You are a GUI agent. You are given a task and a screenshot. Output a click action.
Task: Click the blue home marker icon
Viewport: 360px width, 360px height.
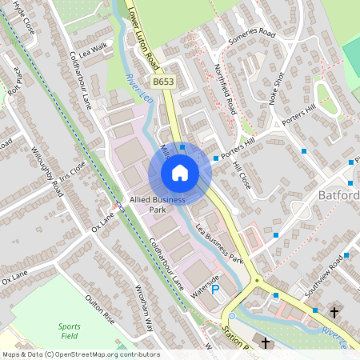click(x=180, y=172)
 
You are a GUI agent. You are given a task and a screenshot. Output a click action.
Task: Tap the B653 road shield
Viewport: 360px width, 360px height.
click(x=163, y=82)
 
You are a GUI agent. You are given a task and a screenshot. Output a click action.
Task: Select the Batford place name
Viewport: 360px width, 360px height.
click(x=337, y=195)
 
